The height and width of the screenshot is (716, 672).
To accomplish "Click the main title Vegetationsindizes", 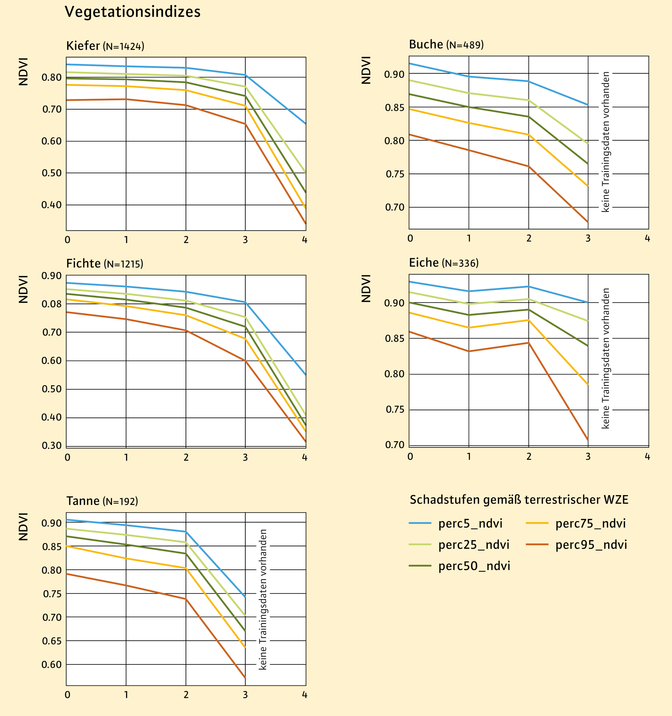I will (x=132, y=12).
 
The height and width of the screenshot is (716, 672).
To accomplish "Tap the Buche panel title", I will (x=446, y=44).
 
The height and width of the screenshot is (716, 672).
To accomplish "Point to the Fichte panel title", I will (x=104, y=264).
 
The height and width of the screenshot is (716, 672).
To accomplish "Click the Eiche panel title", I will (x=443, y=263).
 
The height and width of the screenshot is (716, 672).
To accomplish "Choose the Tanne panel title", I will (x=102, y=501).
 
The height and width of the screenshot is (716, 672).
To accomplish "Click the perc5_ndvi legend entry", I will (x=470, y=523).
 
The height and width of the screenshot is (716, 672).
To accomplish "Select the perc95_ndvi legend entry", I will (x=591, y=545).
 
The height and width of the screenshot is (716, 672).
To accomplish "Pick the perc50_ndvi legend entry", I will (x=474, y=566).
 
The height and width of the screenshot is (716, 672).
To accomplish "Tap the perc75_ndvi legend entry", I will (x=590, y=523).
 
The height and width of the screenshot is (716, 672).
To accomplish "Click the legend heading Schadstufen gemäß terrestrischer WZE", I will (x=519, y=500).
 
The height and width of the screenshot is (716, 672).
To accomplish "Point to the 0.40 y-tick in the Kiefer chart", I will (x=52, y=205).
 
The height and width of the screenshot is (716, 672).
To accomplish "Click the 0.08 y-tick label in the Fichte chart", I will (x=52, y=304).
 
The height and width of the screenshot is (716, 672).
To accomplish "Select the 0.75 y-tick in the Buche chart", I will (x=395, y=174).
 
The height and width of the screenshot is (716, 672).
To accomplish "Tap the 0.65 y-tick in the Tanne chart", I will (x=52, y=641).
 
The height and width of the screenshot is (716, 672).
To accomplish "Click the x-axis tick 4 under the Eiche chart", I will (x=647, y=457).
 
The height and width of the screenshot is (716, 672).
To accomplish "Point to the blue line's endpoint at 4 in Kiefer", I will (x=305, y=124).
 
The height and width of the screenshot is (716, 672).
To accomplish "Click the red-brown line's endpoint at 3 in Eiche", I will (x=588, y=440).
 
